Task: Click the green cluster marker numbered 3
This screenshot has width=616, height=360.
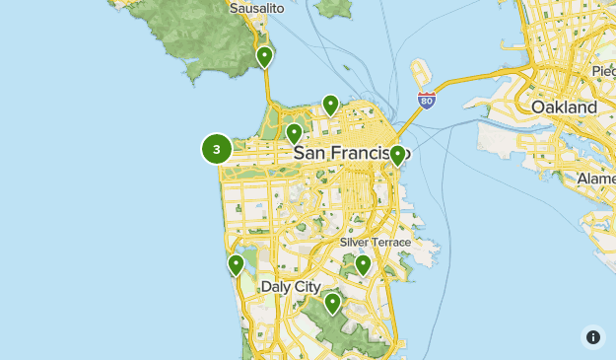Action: (217, 149)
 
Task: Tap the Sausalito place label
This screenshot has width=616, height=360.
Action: (256, 9)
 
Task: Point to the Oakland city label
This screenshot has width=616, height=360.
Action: (564, 107)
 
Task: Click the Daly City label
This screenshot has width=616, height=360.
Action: (291, 286)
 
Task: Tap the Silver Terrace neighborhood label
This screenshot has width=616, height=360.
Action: (374, 242)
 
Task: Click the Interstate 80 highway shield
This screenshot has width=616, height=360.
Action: (426, 100)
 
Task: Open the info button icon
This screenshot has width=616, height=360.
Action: (592, 337)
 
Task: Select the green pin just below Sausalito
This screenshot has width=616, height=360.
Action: (264, 57)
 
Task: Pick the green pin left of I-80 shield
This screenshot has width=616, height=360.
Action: (330, 104)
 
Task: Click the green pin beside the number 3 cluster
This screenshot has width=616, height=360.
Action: (293, 133)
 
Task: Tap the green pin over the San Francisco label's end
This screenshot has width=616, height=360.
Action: (397, 155)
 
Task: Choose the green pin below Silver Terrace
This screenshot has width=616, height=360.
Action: (363, 263)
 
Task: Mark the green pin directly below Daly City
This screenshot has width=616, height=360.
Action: (333, 303)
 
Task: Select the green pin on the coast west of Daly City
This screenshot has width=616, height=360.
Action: (236, 264)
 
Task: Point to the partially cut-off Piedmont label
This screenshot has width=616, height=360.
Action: (602, 71)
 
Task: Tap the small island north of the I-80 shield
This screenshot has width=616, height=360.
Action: (420, 72)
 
